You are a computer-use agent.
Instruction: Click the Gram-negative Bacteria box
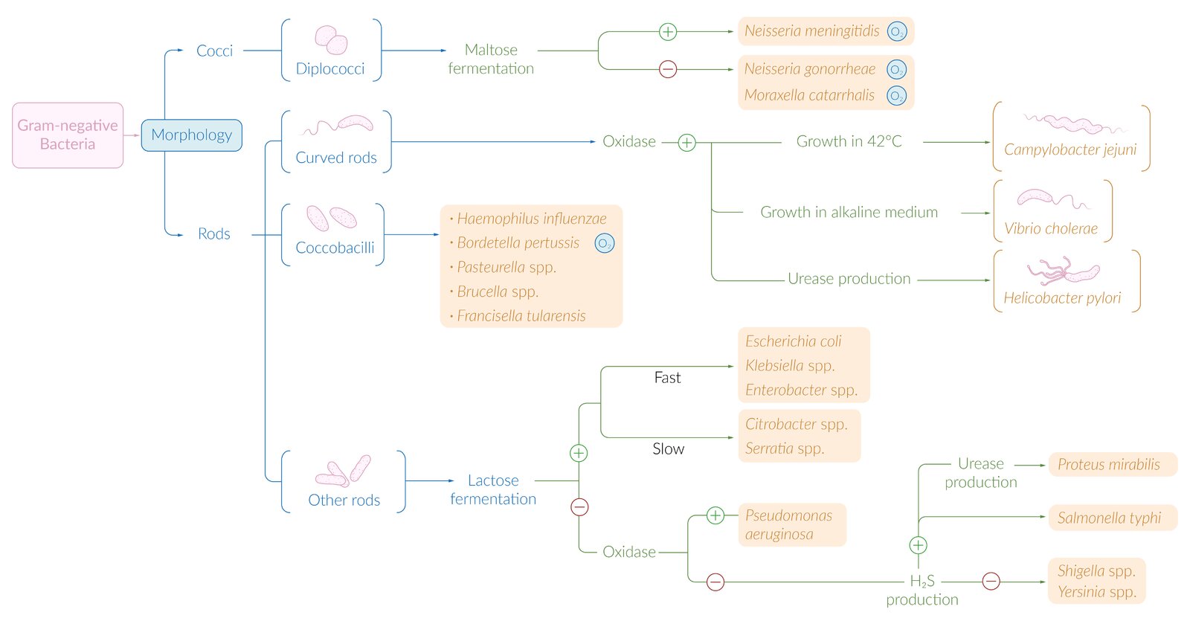pos(68,135)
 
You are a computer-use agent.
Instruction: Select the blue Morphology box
pos(192,135)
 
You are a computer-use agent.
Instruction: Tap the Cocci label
pos(214,51)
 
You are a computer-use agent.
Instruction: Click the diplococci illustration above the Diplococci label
pos(331,39)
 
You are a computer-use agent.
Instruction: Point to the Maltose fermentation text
pos(491,59)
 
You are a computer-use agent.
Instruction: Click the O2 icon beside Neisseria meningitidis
pos(897,32)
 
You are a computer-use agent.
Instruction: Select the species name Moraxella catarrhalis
pos(809,95)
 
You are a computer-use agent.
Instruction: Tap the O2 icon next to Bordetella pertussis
pos(605,243)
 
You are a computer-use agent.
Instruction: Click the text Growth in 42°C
pos(849,141)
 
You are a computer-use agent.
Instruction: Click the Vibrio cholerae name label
pos(1050,229)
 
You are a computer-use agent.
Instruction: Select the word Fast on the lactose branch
pos(667,378)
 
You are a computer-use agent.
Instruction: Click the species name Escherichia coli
pos(793,341)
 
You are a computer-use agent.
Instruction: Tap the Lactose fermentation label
pos(493,489)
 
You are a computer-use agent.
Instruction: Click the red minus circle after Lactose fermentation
pos(579,507)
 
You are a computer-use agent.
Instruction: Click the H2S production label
pos(922,590)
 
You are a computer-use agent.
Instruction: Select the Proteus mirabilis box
pos(1111,465)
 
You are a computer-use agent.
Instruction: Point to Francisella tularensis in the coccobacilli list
pos(521,316)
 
